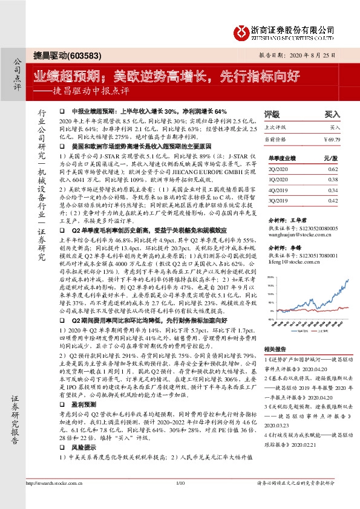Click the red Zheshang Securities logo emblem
point(241,31)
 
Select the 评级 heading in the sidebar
point(272,114)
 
